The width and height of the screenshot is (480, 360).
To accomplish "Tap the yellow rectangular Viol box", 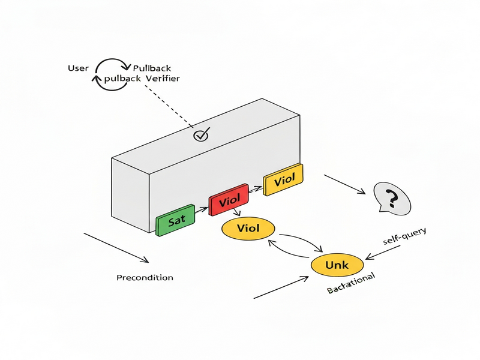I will (x=284, y=180).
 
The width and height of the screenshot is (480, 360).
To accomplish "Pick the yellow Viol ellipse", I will (x=248, y=229).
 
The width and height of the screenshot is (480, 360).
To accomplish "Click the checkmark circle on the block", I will (x=201, y=136).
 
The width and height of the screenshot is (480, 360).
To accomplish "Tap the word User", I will (x=79, y=68).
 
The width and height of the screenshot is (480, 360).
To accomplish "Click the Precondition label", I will (x=145, y=278).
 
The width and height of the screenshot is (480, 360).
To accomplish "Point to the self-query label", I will (x=404, y=238).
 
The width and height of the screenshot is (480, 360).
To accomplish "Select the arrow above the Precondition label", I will (x=115, y=247).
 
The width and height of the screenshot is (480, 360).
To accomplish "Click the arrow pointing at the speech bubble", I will (x=344, y=184).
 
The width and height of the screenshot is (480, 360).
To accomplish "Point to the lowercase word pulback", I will (x=122, y=79).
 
